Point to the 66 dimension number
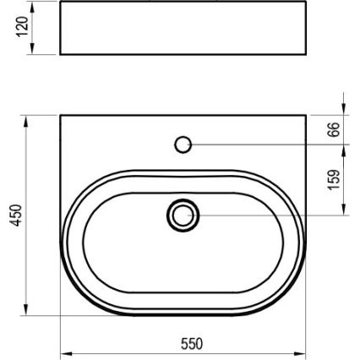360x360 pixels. click(335, 129)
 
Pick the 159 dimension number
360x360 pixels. click(335, 179)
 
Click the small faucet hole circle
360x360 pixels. click(183, 145)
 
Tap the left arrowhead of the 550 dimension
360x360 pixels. click(65, 351)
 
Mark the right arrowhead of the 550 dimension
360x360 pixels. click(301, 351)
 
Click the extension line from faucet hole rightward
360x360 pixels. click(270, 145)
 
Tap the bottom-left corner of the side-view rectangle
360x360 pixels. click(61, 55)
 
